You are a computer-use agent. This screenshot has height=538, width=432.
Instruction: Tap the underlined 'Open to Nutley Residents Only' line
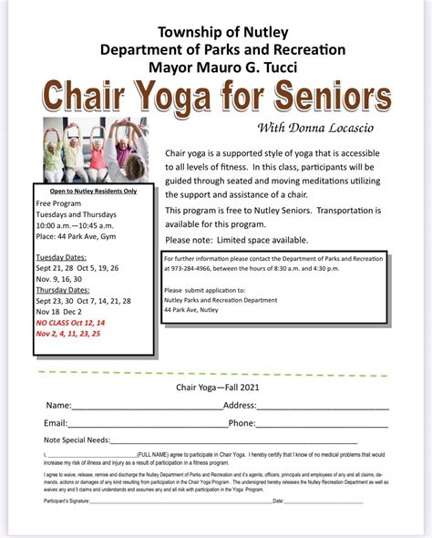94,191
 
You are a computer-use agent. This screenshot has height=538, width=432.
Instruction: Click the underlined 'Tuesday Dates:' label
64,257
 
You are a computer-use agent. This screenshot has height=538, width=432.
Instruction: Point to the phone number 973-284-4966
192,269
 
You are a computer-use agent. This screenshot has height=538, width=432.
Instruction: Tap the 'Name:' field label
58,405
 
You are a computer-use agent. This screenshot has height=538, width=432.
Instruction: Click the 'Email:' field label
56,423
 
